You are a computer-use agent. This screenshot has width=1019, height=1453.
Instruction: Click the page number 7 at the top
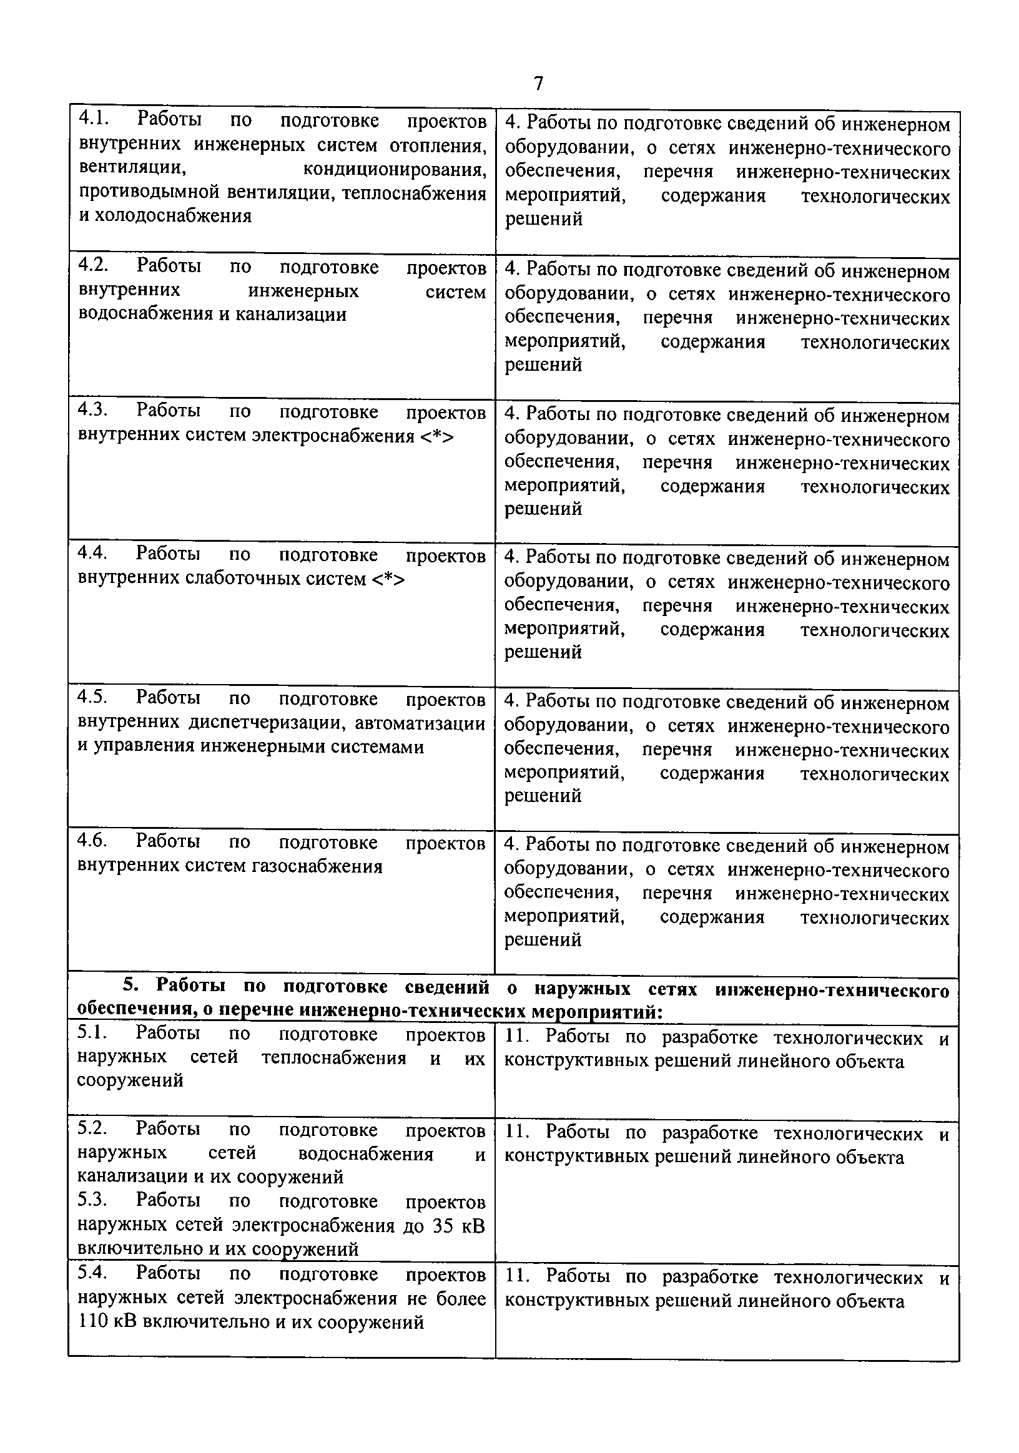coord(538,84)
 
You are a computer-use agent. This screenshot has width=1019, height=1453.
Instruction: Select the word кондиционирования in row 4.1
coord(395,169)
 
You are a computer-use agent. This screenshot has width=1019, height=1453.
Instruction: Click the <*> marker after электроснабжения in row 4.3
coord(436,436)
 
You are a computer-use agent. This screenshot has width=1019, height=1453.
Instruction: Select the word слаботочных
coord(243,579)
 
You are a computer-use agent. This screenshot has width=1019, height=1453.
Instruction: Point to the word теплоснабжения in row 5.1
coord(333,1057)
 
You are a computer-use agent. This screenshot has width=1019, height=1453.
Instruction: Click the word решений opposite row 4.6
coord(543,941)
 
